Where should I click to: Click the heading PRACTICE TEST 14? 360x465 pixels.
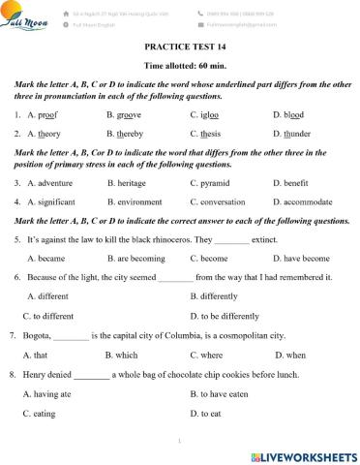coord(179,45)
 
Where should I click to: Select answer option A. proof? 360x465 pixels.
coord(45,114)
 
